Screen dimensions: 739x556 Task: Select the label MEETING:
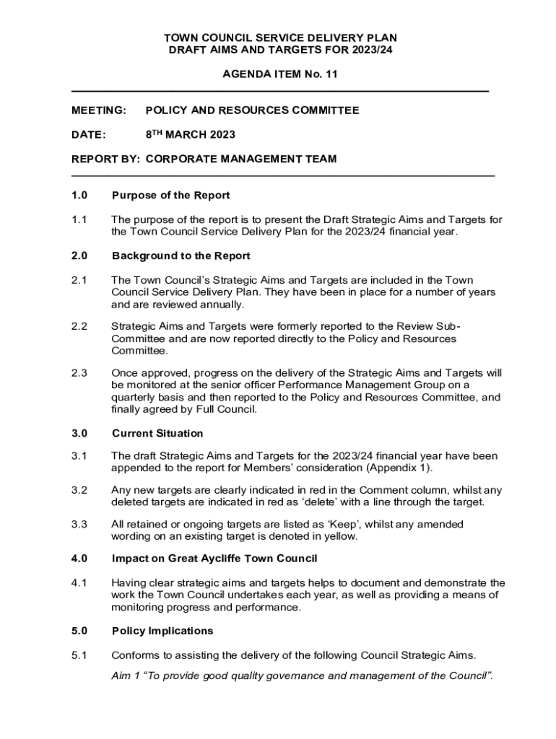(x=98, y=110)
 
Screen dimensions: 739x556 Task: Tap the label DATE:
(x=89, y=135)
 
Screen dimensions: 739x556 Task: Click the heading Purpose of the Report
(x=170, y=196)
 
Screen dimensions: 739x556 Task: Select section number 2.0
(x=79, y=255)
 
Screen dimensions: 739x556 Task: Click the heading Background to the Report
(x=181, y=255)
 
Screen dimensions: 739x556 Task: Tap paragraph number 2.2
(x=79, y=326)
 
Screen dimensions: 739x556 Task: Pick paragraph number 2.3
(x=79, y=373)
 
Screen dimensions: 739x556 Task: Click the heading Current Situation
(x=157, y=433)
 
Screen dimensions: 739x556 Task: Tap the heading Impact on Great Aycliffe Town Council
(x=214, y=559)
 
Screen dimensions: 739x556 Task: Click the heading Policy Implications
(x=162, y=631)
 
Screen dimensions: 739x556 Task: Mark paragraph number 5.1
(x=79, y=655)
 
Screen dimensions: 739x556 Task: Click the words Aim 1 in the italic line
(x=126, y=675)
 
